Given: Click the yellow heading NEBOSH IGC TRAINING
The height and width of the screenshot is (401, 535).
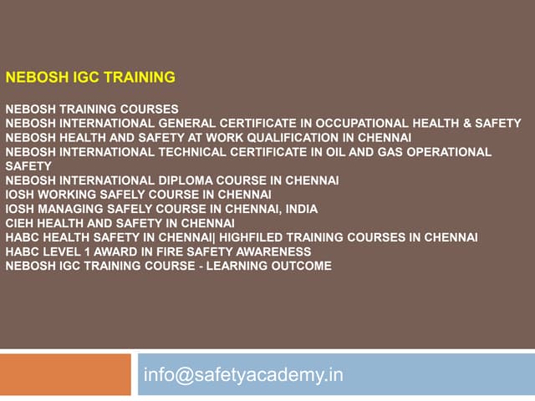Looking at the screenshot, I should point(90,78).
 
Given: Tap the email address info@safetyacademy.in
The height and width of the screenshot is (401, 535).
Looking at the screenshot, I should point(243,374).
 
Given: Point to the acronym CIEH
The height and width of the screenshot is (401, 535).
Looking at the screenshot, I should point(19,223).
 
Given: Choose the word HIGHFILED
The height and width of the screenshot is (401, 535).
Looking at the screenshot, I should point(250,237).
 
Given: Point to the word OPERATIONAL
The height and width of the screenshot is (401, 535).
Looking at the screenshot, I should point(450,151).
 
